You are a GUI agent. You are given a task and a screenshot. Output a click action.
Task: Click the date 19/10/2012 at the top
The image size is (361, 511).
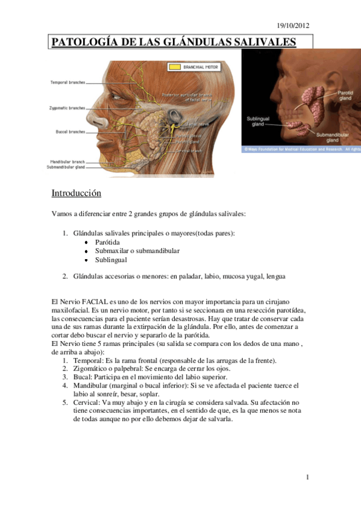point(293,25)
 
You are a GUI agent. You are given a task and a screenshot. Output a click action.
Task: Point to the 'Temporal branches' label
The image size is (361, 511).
point(67,82)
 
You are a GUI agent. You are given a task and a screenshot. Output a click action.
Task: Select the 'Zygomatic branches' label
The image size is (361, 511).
point(67,109)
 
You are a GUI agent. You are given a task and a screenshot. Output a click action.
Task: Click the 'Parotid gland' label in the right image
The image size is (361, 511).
point(345,96)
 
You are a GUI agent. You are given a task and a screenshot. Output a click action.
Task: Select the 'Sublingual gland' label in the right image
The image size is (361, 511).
point(258,121)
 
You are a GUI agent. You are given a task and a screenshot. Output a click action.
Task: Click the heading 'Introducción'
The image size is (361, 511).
point(76,193)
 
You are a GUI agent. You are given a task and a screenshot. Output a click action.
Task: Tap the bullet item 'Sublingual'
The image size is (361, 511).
point(110,260)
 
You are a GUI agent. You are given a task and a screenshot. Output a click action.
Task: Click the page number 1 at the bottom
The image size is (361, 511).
point(307,477)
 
